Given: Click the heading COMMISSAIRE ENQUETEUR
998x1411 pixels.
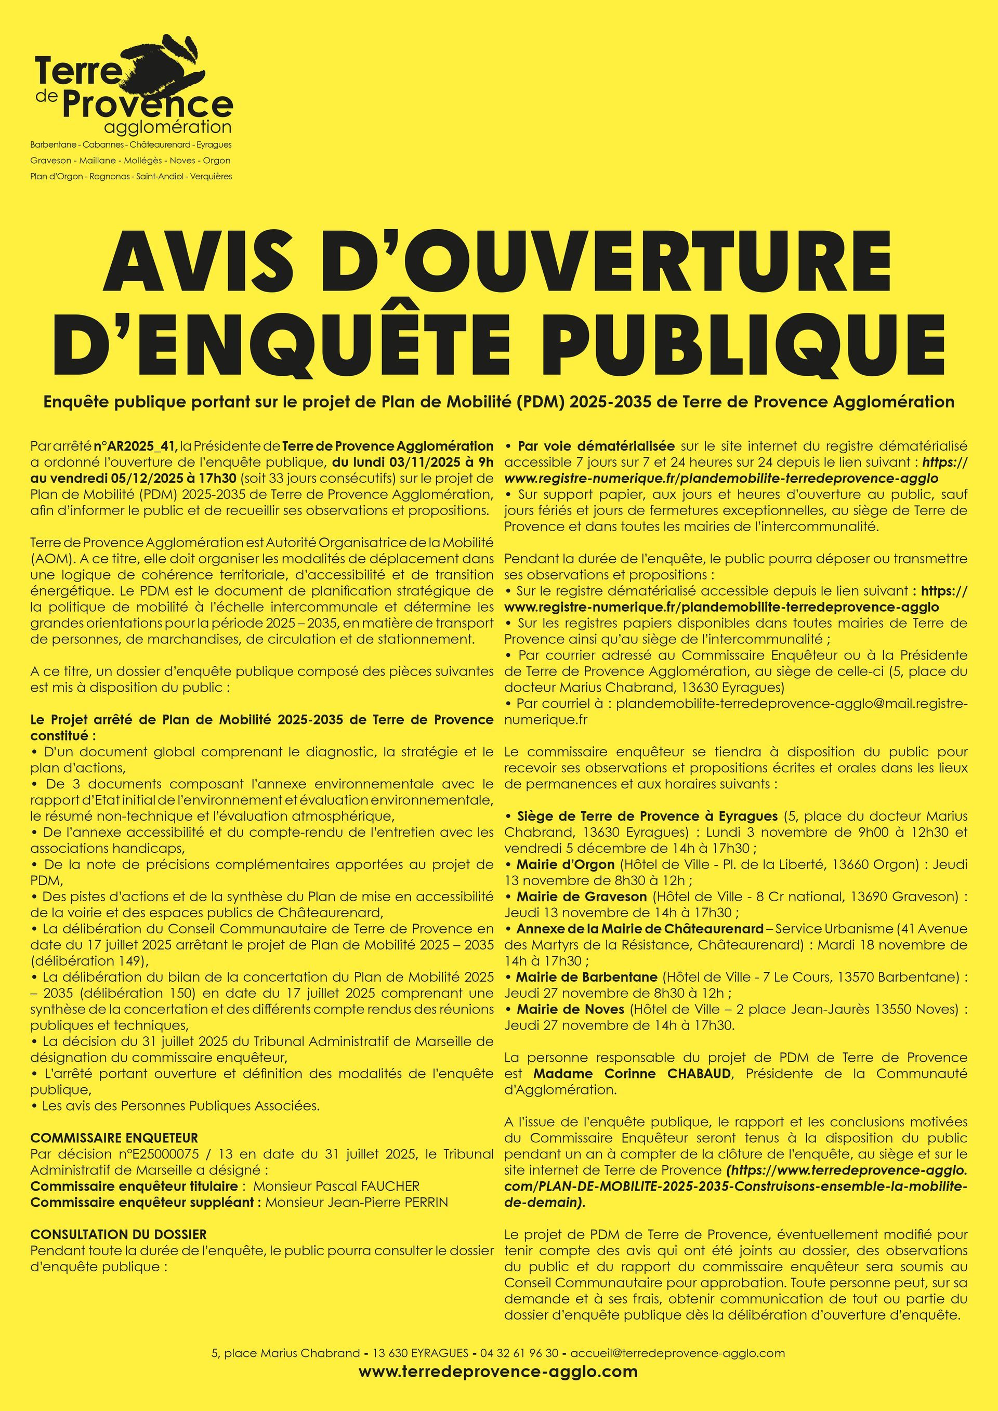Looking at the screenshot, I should [x=114, y=1138].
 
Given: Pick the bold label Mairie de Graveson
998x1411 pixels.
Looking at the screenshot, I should [x=581, y=896].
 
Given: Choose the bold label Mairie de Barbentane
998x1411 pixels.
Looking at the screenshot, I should [x=587, y=977].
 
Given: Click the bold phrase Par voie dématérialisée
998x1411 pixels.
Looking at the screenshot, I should [x=596, y=445].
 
